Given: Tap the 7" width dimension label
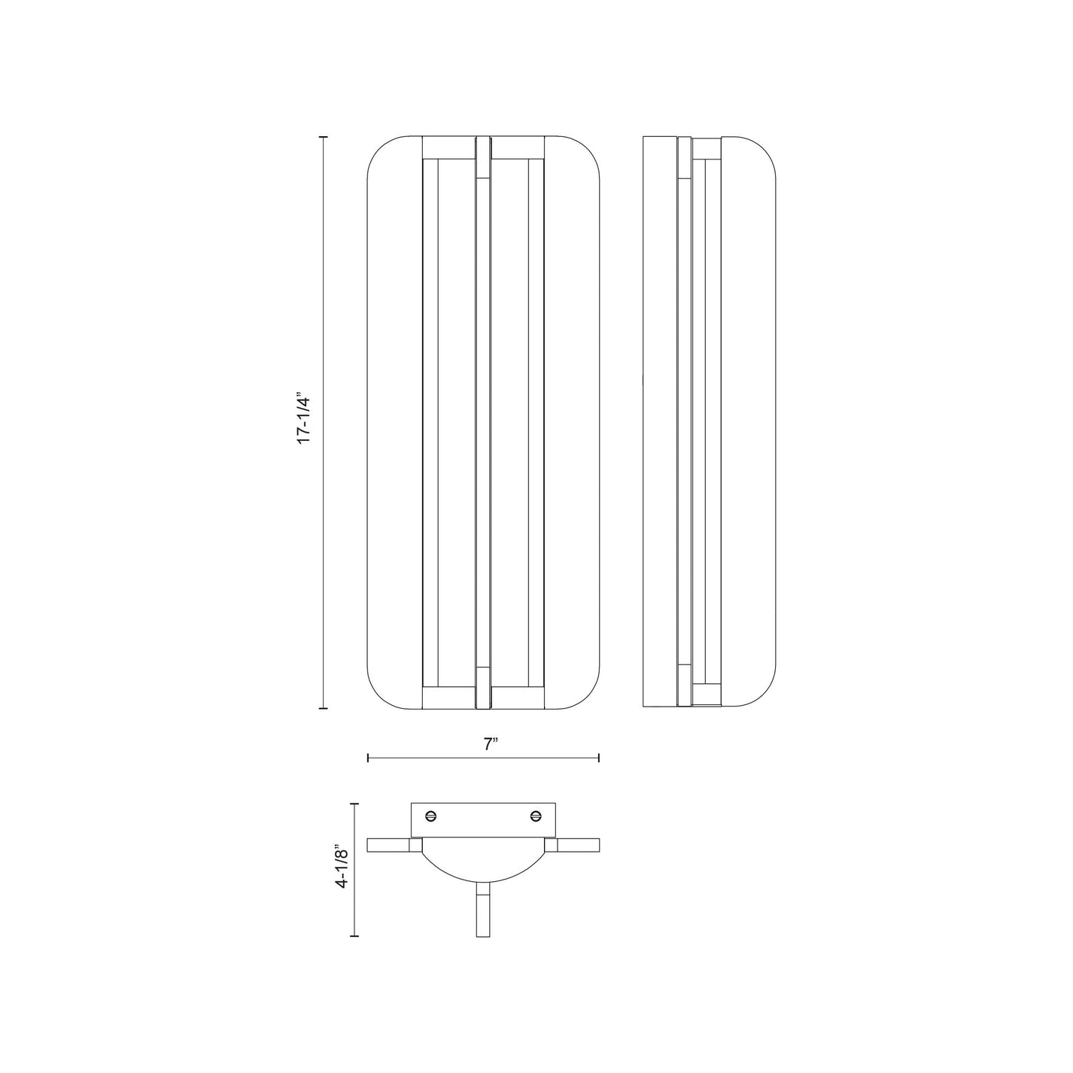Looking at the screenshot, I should tap(491, 744).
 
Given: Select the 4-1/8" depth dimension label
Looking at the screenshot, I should tap(342, 868).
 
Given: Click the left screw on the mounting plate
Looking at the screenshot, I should tap(432, 815).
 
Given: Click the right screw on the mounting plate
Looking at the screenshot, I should tap(536, 815).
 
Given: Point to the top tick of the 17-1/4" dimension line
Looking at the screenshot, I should tap(324, 137).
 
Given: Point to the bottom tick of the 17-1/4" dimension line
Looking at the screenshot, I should tap(324, 708).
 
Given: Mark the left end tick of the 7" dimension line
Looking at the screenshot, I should tap(368, 758).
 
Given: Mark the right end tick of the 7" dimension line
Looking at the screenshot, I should tap(599, 758).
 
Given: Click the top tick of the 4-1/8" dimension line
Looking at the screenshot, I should tap(354, 804).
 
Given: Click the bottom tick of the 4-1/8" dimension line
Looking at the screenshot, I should tap(354, 936).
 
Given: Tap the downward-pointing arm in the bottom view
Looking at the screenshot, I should tap(483, 909).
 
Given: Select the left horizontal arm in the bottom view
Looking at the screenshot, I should tap(388, 845).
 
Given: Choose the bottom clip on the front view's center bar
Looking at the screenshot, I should tap(483, 687).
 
